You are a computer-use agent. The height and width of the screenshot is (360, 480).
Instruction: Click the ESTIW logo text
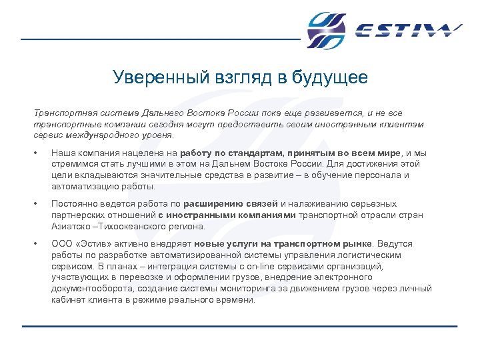point(408,31)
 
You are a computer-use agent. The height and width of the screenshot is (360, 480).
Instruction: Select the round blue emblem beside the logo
point(327,31)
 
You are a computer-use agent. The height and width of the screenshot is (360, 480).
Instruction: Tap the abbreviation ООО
point(61,245)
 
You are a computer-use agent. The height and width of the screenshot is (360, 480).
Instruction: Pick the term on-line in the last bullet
point(247,266)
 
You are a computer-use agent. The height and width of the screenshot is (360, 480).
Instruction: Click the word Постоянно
point(75,204)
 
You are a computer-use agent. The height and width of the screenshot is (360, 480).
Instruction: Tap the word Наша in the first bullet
point(63,153)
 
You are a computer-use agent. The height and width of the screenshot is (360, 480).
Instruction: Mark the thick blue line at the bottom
point(240,326)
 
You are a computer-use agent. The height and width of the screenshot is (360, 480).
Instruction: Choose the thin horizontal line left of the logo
point(160,39)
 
